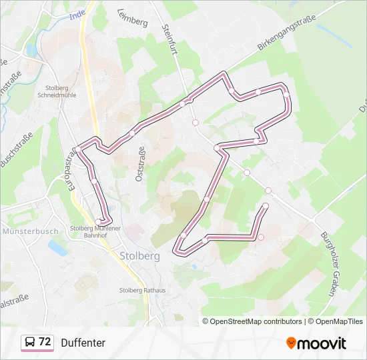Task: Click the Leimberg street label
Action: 132,17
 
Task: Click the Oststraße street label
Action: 139,164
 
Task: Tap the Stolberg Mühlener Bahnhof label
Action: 95,231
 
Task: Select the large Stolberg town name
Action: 139,256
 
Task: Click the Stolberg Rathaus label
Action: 141,290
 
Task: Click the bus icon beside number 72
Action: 30,343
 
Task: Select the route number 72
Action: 45,342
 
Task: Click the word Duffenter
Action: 83,343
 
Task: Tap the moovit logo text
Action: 322,343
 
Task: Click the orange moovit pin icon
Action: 291,343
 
